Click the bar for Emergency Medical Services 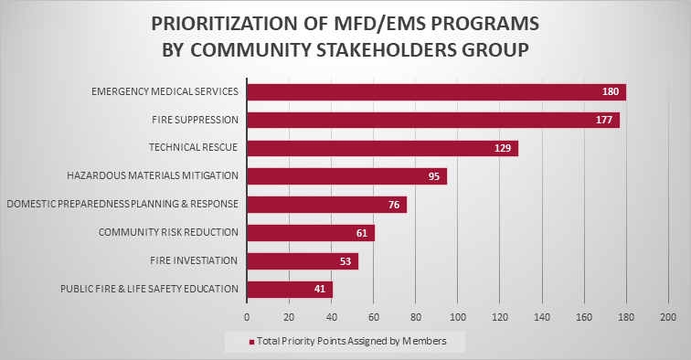click(436, 91)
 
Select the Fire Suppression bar click(433, 120)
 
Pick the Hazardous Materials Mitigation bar click(346, 176)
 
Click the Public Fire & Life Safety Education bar click(290, 290)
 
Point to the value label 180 click(610, 91)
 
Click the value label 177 click(604, 120)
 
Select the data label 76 click(394, 205)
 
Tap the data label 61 click(362, 233)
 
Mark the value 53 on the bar click(345, 261)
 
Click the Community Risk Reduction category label click(168, 232)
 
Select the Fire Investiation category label click(193, 260)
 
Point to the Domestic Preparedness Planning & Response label click(122, 204)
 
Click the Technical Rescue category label click(193, 147)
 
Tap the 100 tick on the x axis click(457, 316)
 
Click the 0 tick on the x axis click(247, 316)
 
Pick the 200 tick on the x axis click(667, 316)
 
